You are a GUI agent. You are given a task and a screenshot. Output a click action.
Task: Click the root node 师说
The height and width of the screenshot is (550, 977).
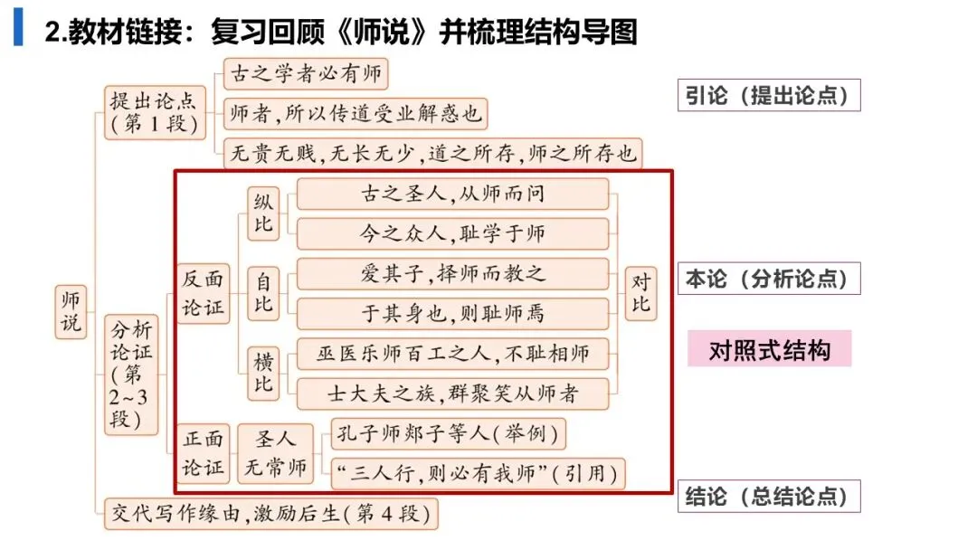70,311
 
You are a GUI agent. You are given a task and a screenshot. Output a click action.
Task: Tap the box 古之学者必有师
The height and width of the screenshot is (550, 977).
306,73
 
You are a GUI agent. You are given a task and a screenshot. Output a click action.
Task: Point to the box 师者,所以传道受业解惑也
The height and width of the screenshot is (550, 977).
356,114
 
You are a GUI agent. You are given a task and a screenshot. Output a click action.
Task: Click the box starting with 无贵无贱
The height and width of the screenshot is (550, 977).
432,153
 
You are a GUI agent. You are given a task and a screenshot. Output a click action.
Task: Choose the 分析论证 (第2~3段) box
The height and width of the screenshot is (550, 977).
132,372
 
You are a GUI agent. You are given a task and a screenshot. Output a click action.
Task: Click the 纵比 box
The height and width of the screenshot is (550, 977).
263,213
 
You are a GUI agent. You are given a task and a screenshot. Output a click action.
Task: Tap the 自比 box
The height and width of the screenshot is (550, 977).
263,294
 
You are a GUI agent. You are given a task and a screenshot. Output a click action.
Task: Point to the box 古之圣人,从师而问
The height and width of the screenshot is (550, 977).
452,194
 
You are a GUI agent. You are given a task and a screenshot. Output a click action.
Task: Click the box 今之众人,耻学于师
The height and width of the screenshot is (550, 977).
452,233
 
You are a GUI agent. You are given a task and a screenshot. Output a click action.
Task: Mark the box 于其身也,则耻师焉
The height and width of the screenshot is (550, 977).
452,314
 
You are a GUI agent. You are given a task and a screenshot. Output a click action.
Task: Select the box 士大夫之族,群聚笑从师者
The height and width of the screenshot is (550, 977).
452,394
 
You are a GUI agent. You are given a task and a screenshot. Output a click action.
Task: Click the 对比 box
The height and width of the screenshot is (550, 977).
640,293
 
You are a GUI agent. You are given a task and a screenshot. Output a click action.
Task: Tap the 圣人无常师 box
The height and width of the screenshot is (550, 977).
275,454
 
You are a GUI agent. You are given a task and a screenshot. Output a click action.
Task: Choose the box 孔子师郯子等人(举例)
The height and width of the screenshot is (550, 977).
449,434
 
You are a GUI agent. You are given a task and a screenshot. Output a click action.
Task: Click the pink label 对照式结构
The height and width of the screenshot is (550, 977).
769,349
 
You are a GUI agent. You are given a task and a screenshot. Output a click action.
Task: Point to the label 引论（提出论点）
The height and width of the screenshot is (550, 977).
768,95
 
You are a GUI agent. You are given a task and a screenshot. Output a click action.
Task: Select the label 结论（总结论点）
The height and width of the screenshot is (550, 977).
768,497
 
